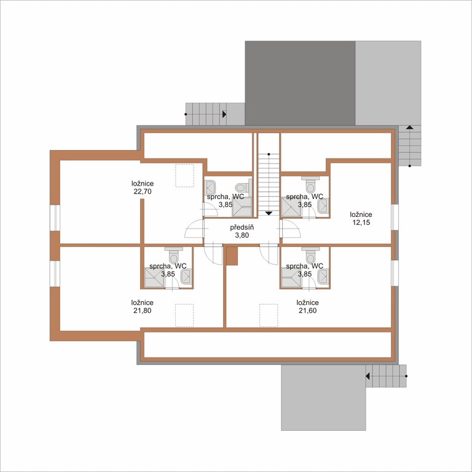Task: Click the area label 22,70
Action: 143,192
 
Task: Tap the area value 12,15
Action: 361,222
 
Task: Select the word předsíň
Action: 242,227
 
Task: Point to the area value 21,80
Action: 142,310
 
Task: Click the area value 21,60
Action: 308,310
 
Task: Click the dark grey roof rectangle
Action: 300,83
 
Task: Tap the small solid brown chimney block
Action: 232,256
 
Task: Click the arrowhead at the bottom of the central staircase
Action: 269,213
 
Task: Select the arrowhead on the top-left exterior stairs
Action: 224,114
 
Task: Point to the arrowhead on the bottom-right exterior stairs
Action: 368,376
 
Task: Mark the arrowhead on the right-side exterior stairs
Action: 409,127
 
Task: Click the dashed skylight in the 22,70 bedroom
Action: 184,176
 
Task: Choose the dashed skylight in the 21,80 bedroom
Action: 184,315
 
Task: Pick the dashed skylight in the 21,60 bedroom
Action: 269,315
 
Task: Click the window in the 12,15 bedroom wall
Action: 395,217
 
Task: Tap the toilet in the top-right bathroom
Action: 310,184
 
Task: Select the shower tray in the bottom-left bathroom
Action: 154,278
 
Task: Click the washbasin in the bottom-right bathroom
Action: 323,277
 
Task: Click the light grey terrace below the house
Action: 323,398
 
